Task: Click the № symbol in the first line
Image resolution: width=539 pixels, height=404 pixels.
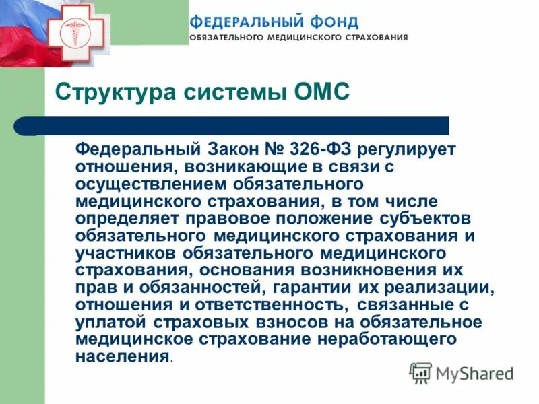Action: click(276, 147)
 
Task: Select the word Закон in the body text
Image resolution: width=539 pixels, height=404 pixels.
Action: click(233, 147)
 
